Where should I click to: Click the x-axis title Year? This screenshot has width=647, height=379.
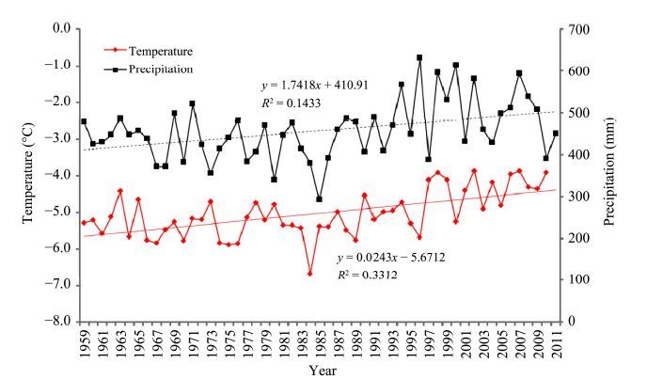[322, 370]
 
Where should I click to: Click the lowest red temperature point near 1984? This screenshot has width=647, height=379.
[310, 274]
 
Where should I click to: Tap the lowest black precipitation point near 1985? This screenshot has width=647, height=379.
[320, 199]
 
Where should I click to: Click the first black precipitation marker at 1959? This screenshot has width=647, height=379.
[84, 121]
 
